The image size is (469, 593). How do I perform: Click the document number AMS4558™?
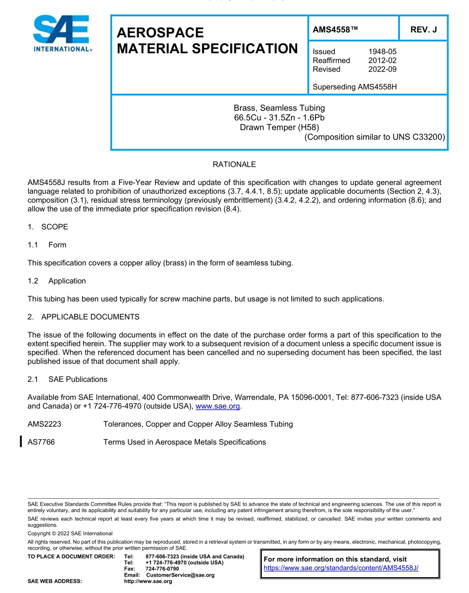335,30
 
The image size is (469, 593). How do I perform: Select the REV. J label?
424,30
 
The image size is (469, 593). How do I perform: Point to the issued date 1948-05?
382,51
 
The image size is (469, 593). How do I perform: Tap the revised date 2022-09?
382,69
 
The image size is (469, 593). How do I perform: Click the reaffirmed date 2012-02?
382,60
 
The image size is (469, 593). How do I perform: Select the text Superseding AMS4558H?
354,87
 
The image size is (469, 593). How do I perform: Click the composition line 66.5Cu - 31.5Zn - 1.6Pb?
279,117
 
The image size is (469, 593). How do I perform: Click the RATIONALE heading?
234,164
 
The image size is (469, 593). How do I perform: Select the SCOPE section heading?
54,227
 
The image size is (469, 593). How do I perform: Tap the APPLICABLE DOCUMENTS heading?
90,317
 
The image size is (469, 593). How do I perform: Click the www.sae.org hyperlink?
218,407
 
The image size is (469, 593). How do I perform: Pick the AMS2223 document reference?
44,424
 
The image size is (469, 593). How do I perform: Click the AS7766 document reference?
41,442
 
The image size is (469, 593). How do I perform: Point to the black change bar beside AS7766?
21,442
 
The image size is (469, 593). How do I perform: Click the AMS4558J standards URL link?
341,568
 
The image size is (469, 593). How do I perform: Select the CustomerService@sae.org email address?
180,575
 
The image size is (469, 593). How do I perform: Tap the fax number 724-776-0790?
162,569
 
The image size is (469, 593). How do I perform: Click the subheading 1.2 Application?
67,281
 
